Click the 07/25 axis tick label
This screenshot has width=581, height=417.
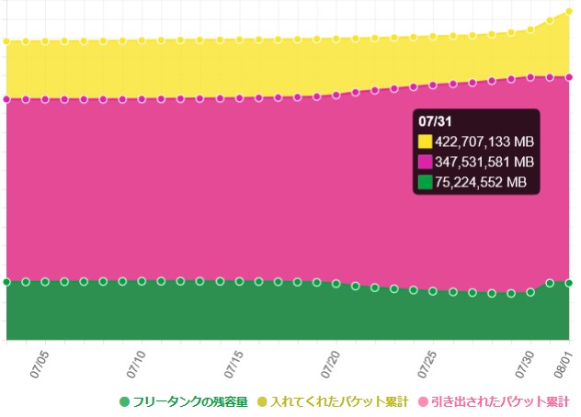(430, 362)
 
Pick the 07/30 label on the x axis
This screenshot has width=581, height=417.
(528, 362)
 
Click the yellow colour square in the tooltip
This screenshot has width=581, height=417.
(425, 141)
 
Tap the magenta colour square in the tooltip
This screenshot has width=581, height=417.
(425, 162)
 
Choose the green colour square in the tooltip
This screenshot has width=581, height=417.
(425, 182)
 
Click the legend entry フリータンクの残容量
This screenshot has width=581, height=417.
(190, 402)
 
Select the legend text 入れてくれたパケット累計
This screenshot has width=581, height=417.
(339, 402)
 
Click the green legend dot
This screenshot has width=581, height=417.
(125, 402)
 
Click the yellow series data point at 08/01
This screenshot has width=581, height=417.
(568, 13)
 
